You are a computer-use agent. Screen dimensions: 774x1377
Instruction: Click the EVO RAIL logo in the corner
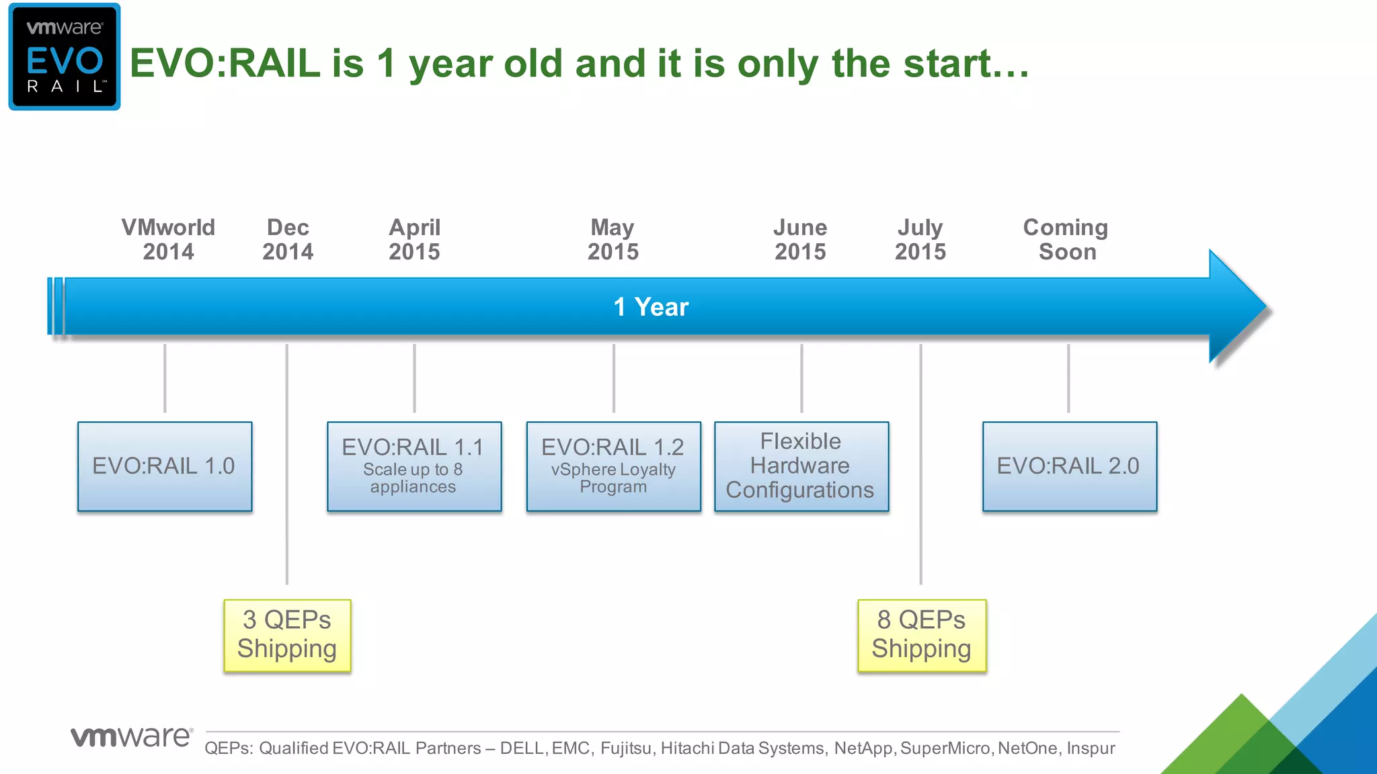click(x=65, y=56)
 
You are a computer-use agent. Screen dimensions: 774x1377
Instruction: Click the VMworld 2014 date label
click(x=168, y=239)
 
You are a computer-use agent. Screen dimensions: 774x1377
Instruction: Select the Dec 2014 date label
click(x=288, y=239)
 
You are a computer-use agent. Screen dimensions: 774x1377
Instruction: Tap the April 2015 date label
click(x=414, y=239)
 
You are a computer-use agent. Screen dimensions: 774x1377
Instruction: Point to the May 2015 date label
click(x=613, y=239)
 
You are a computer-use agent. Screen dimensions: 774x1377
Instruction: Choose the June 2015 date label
click(x=800, y=239)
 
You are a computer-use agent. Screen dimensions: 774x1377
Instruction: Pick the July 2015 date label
click(x=920, y=239)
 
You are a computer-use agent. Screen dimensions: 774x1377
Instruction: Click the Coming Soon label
click(x=1066, y=239)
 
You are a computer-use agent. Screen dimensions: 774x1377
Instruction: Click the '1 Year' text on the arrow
click(x=651, y=307)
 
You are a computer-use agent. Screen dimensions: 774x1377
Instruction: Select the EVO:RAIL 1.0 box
click(x=165, y=466)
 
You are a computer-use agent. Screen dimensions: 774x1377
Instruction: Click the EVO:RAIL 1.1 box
click(x=414, y=466)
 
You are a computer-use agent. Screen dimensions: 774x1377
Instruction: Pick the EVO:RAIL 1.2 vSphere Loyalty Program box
click(x=613, y=466)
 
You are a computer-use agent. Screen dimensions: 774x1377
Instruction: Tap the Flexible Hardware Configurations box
click(x=801, y=466)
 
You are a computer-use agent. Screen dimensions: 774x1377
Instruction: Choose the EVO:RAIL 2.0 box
click(x=1069, y=466)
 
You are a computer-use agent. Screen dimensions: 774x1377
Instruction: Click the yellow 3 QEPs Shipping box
click(x=287, y=635)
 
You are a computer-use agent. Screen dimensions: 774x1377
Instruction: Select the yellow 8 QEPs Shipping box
click(x=921, y=635)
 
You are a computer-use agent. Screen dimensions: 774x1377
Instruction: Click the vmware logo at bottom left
click(x=132, y=736)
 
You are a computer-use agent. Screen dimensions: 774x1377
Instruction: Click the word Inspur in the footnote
click(x=1091, y=748)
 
